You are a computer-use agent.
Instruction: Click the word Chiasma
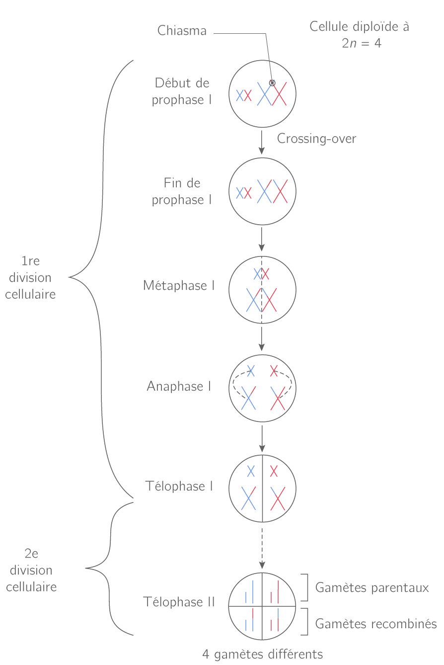(182, 31)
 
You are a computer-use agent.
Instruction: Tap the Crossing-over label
(316, 139)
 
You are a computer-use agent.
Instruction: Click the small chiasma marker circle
(272, 83)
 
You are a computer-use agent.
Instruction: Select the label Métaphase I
(179, 286)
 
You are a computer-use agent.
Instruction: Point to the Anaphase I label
(179, 386)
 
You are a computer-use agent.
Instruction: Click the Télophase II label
(179, 602)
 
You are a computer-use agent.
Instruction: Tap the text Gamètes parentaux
(372, 588)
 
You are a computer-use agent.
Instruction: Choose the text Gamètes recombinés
(376, 623)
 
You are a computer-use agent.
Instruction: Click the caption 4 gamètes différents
(262, 654)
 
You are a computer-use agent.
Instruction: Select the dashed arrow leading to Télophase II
(262, 547)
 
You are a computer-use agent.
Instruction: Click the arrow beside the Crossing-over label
(262, 143)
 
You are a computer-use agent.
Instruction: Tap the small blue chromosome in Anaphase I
(251, 371)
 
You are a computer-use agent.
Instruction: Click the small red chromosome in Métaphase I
(266, 274)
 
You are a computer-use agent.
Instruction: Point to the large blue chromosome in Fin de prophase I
(265, 191)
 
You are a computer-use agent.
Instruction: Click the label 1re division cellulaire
(30, 278)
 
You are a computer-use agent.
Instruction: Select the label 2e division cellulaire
(31, 570)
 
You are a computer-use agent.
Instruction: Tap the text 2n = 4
(361, 43)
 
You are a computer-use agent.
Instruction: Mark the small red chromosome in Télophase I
(274, 471)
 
